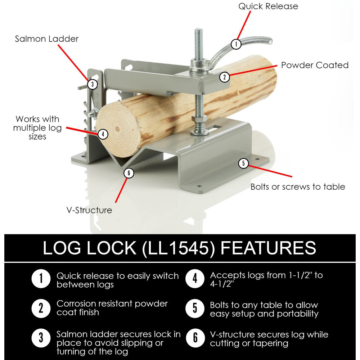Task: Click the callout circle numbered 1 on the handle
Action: point(236,44)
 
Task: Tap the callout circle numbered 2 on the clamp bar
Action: point(224,77)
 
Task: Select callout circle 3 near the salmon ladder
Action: point(93,84)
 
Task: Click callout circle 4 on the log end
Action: point(103,134)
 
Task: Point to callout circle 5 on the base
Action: point(243,163)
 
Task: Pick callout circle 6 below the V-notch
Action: point(129,173)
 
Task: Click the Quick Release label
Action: point(268,6)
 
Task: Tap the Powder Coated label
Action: point(315,65)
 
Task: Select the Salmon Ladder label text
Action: point(47,39)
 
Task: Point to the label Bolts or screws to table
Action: point(298,186)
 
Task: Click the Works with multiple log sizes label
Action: point(37,128)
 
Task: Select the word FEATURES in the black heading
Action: point(268,248)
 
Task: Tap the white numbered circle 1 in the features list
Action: point(41,279)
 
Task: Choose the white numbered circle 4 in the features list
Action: point(195,279)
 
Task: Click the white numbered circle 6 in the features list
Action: point(195,338)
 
